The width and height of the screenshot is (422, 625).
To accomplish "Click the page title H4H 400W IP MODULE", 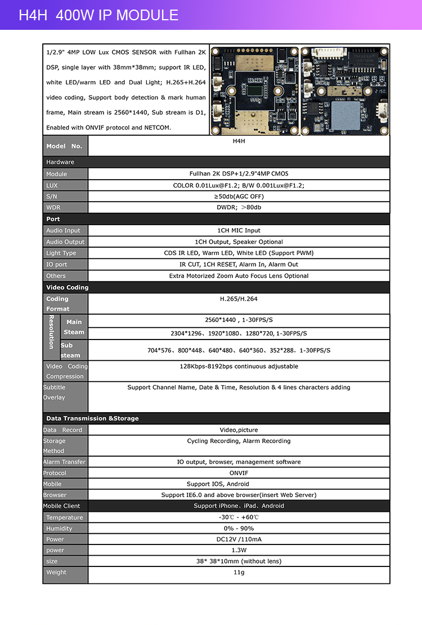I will tap(98, 15).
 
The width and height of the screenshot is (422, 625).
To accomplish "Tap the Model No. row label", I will tap(65, 146).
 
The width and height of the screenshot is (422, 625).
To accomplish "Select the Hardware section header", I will tap(60, 162).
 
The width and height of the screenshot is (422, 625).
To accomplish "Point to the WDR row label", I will tap(53, 207).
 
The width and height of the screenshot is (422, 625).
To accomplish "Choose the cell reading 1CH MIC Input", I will tap(239, 230).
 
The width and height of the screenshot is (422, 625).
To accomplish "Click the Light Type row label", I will tap(61, 253).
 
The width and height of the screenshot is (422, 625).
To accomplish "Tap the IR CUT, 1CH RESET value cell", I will tap(239, 265).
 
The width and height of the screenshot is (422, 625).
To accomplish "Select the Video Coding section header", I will tap(67, 288).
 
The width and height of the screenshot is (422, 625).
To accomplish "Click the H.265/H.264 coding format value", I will tap(239, 299).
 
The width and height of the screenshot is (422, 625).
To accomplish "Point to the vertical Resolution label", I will tap(51, 332).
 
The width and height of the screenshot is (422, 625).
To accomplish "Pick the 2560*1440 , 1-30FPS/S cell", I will tap(239, 320).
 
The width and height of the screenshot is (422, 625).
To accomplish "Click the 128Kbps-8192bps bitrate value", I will tap(239, 367).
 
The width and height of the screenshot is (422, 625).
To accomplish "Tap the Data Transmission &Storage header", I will tap(92, 418).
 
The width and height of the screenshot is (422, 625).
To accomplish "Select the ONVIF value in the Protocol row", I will tap(239, 473).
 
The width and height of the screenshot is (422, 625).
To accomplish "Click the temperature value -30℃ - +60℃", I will tap(239, 517).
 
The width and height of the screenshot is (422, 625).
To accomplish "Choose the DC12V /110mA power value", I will tap(239, 539).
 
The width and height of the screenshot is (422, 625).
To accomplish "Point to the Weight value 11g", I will tap(239, 572).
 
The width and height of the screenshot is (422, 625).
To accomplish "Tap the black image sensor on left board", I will tap(255, 88).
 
